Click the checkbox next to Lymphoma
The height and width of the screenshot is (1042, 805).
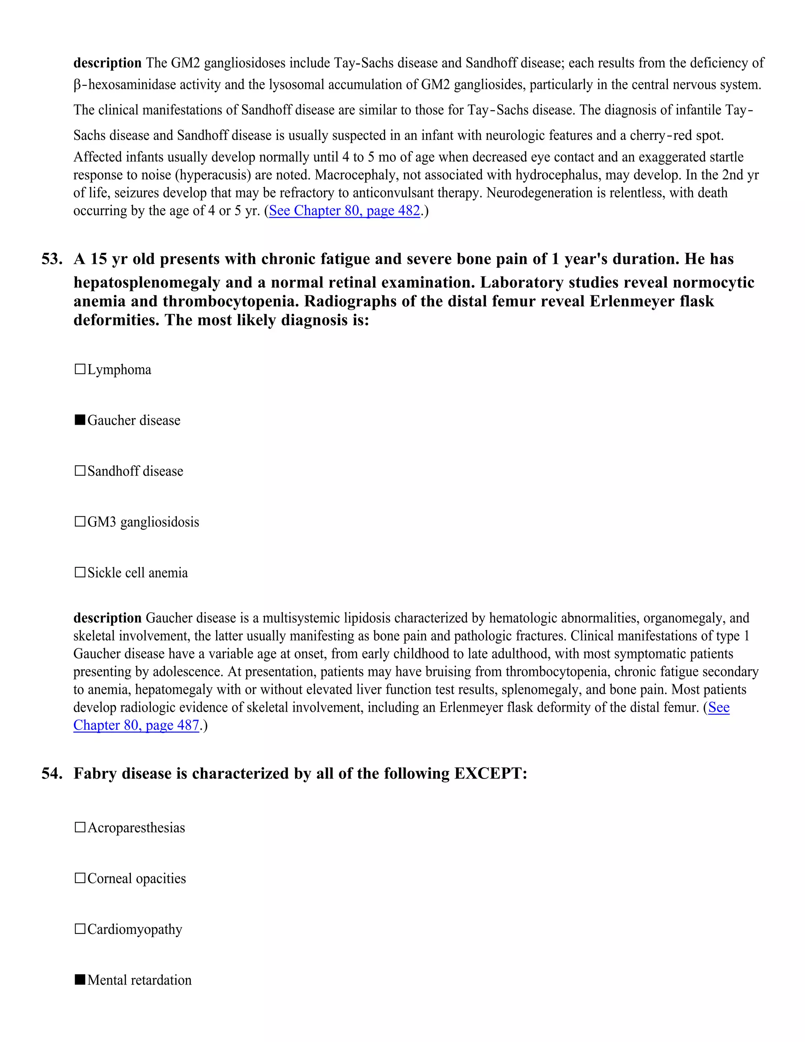pos(80,369)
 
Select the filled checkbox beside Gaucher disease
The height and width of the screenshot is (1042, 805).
pos(80,420)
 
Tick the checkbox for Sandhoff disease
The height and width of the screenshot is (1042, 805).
pos(80,471)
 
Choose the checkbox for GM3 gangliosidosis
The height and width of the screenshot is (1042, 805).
pos(80,521)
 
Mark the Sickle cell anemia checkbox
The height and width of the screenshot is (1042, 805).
pos(80,572)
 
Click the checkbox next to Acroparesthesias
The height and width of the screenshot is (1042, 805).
pos(80,827)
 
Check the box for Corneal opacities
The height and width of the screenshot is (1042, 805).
pos(80,878)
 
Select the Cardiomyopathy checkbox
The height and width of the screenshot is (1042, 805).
pos(80,929)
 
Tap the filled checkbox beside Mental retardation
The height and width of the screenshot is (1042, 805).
pos(80,979)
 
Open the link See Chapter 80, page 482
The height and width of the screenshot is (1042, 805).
pos(344,211)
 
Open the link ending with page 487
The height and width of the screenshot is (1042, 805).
pos(136,725)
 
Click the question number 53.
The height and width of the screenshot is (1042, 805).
pos(52,259)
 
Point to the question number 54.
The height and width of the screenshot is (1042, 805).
pos(52,773)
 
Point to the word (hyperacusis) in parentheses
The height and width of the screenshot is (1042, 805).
pos(213,175)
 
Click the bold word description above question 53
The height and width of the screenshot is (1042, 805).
pos(107,63)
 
